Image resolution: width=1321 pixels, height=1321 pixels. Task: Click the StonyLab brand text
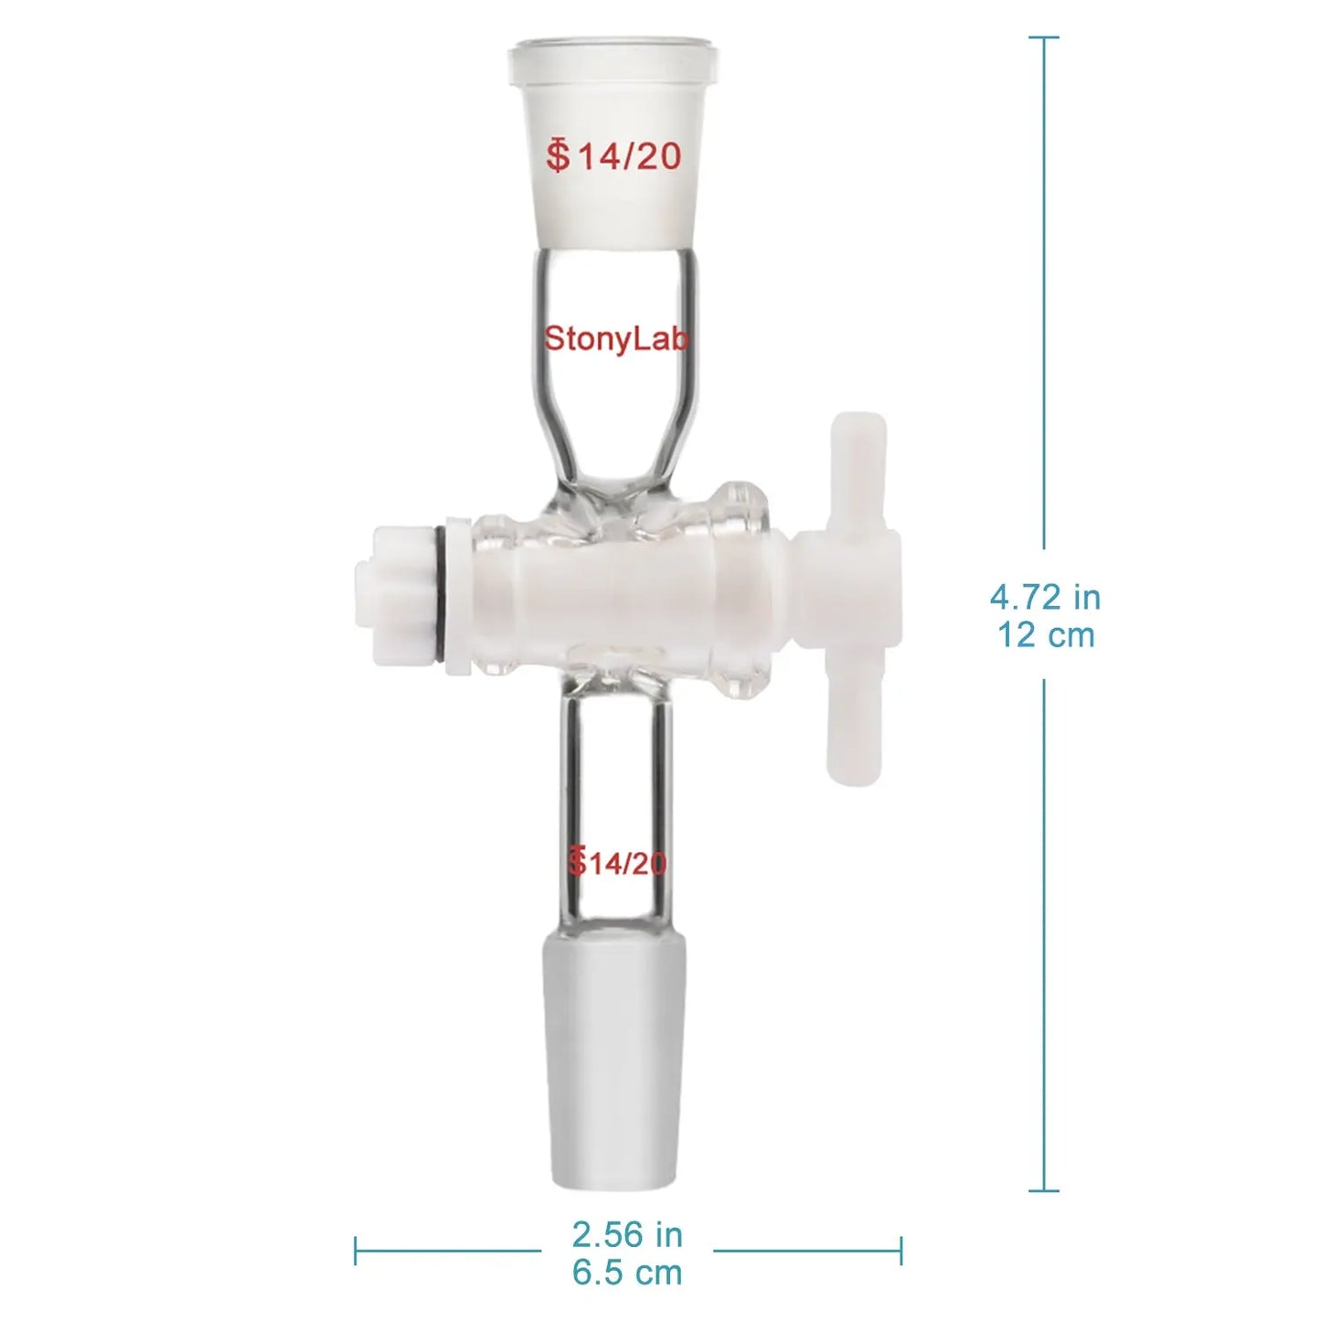point(615,340)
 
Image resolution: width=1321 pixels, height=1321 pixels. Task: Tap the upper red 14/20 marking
point(614,155)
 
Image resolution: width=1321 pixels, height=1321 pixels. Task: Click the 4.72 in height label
point(1046,598)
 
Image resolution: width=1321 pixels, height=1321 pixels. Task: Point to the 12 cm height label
point(1046,635)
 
